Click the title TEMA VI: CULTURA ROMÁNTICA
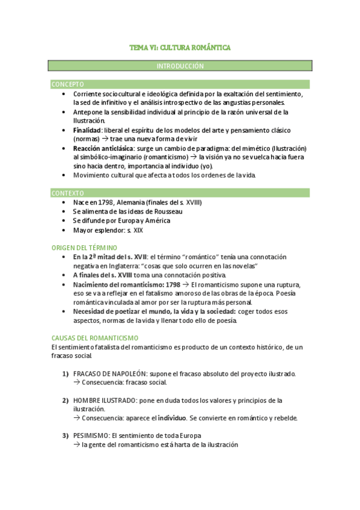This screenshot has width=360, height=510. [x=180, y=47]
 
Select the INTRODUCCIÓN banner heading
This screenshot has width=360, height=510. [x=180, y=66]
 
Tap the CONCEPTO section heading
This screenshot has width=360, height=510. [x=68, y=84]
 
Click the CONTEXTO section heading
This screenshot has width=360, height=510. [x=68, y=193]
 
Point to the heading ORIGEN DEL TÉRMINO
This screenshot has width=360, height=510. [x=85, y=247]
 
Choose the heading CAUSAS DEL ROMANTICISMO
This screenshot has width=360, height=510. [x=95, y=338]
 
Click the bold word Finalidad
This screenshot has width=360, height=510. [x=87, y=130]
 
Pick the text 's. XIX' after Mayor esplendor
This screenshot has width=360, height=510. [x=135, y=230]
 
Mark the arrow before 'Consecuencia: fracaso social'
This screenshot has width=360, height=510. [x=76, y=382]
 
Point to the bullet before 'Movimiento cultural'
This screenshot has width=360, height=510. [x=64, y=175]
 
